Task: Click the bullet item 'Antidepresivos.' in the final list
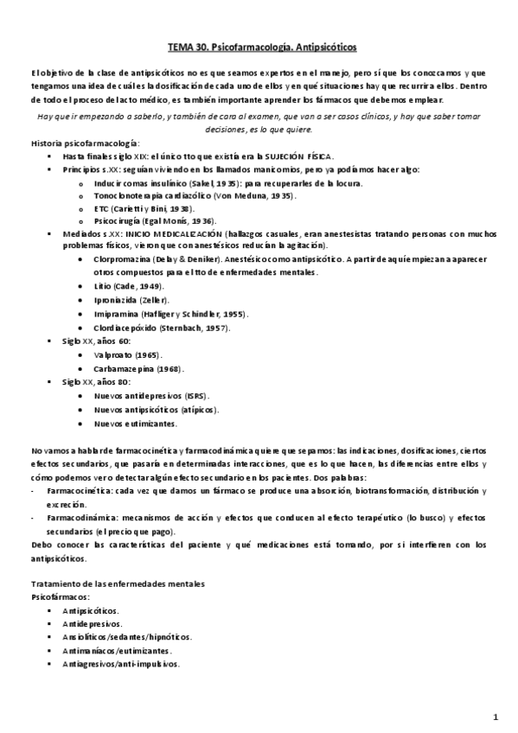point(92,622)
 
